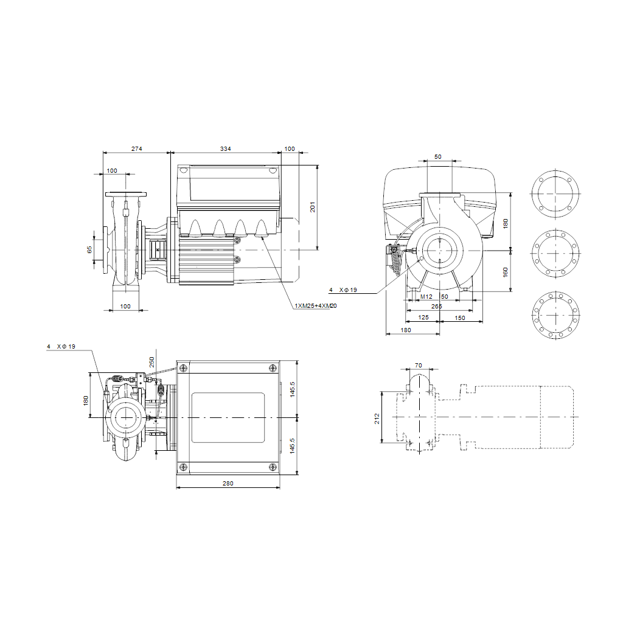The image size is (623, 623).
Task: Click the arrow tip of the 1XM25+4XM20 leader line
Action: (262, 238)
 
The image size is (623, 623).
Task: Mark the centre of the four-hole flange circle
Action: (555, 194)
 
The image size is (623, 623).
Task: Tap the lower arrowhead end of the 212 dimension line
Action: (382, 443)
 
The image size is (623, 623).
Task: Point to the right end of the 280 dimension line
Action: (280, 487)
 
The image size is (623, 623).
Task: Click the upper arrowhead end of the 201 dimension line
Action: (318, 165)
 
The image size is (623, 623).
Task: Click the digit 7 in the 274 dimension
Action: (137, 148)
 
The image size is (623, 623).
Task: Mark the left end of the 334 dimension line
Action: (171, 152)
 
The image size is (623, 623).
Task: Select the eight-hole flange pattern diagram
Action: (555, 253)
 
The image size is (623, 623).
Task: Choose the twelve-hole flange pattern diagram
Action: (555, 316)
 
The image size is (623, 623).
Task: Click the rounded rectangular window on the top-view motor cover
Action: (228, 417)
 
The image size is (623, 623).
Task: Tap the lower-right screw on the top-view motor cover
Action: (273, 467)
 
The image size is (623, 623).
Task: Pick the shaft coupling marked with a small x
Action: (158, 249)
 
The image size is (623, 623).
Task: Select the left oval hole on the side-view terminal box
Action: (183, 170)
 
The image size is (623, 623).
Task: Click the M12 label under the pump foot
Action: (426, 297)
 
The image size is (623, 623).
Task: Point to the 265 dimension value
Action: (437, 307)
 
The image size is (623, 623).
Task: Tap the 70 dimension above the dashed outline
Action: (419, 365)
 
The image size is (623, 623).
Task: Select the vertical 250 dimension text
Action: (151, 362)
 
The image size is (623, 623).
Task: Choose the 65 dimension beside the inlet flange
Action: (89, 249)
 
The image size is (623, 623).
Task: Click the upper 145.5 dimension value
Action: (293, 389)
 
